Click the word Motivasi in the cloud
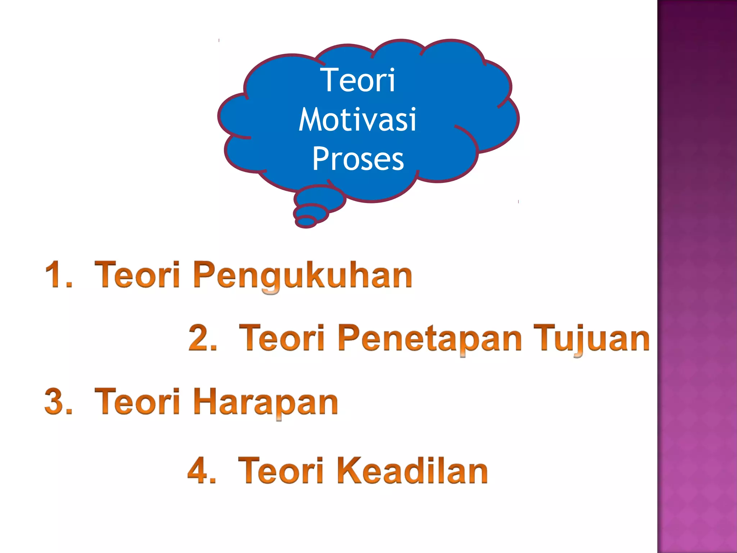click(x=357, y=120)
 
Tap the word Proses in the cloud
click(x=358, y=159)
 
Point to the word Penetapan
click(x=430, y=338)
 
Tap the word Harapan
click(x=266, y=402)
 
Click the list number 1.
click(x=58, y=275)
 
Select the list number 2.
click(x=202, y=338)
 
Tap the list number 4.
click(x=202, y=470)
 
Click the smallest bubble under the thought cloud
click(x=306, y=222)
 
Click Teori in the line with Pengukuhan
click(x=137, y=275)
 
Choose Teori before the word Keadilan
click(x=281, y=470)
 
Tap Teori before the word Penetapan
click(x=281, y=338)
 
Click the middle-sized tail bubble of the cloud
click(x=311, y=213)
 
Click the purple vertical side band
click(x=697, y=276)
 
